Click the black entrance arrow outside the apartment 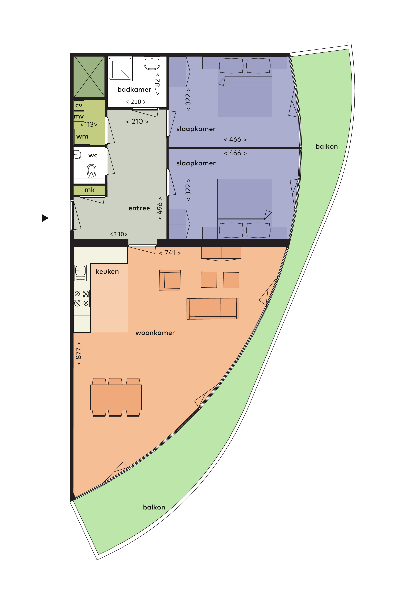[x=45, y=218]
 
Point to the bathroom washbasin [x=152, y=63]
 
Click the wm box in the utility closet [x=82, y=137]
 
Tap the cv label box [x=79, y=105]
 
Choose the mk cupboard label [x=89, y=190]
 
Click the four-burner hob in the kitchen [x=81, y=298]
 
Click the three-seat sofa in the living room [x=213, y=308]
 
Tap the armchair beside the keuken [x=170, y=280]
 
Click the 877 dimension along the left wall [x=79, y=353]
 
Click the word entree [x=139, y=208]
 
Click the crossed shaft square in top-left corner [x=89, y=77]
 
